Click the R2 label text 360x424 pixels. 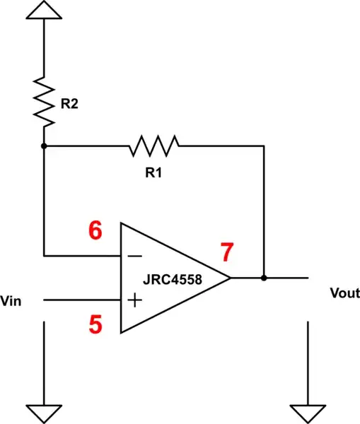coord(69,104)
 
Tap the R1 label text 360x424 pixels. coord(153,172)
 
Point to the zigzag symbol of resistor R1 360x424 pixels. coord(153,146)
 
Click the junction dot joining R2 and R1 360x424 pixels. coord(44,146)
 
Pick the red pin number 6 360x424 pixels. coord(95,231)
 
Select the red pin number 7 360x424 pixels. coord(226,252)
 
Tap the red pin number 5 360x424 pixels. coord(96,324)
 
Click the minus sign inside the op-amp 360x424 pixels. coord(134,255)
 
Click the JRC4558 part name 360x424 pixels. coord(175,279)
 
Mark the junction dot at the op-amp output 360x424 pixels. coord(264,278)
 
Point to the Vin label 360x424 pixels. coord(12,301)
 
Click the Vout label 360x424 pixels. coord(344,293)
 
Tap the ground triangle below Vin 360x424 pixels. coord(44,413)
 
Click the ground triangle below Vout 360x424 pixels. coord(308,413)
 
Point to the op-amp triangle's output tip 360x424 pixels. coord(231,278)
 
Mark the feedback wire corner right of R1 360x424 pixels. coord(264,146)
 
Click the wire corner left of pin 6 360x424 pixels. coord(44,255)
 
